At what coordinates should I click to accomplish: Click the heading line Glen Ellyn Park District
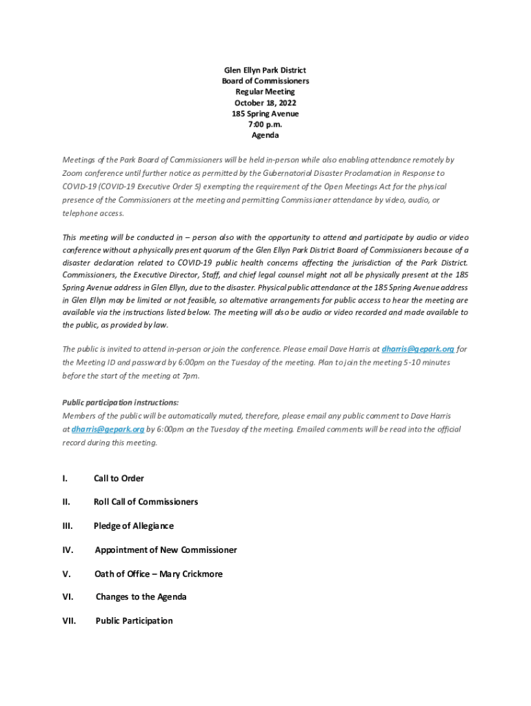pos(265,70)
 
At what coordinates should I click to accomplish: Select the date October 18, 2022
pos(265,103)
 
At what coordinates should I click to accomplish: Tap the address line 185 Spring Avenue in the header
pos(265,114)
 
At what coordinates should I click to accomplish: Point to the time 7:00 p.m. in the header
pos(265,125)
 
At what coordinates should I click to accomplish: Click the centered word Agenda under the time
pos(265,135)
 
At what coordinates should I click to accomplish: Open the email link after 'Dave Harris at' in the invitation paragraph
pos(418,349)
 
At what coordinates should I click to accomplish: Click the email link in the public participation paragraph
pos(108,430)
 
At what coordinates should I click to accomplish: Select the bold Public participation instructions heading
pos(121,403)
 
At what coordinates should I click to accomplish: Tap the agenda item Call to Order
pos(119,478)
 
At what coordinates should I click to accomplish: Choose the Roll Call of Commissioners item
pos(146,502)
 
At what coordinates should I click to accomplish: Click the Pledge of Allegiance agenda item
pos(133,526)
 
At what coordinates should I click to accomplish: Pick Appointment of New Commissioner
pos(166,550)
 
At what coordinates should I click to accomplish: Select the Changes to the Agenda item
pos(141,597)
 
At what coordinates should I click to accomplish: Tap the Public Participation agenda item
pos(134,621)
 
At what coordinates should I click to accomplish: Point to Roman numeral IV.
pos(68,550)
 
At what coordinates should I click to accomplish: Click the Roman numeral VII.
pos(69,621)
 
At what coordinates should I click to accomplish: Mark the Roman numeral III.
pos(68,526)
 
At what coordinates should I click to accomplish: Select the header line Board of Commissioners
pos(265,81)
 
